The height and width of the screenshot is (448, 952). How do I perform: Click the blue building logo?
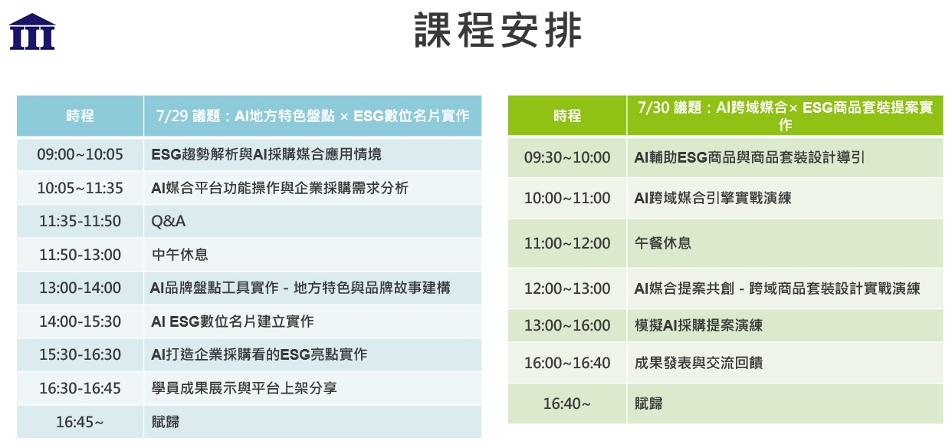tap(32, 31)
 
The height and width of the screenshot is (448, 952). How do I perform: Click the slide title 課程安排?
tap(498, 30)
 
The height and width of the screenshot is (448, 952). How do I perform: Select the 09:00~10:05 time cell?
tap(80, 154)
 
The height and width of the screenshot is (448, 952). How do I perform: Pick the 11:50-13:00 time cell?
tap(80, 255)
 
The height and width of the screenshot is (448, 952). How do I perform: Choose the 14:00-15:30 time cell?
tap(80, 321)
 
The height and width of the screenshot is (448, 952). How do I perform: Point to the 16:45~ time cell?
tap(80, 422)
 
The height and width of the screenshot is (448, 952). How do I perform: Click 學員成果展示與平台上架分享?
tap(244, 388)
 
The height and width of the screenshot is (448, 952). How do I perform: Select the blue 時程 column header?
tap(80, 116)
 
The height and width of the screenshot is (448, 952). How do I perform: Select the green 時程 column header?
tap(567, 116)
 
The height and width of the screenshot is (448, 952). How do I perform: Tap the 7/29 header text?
tap(313, 116)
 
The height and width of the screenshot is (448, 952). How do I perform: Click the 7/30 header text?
tap(785, 116)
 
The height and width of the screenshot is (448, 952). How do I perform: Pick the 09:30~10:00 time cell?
tap(567, 158)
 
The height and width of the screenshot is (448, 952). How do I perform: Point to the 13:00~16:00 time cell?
tap(567, 325)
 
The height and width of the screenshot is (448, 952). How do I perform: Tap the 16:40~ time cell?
tap(567, 404)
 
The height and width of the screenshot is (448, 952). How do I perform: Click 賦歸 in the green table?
tap(648, 404)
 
